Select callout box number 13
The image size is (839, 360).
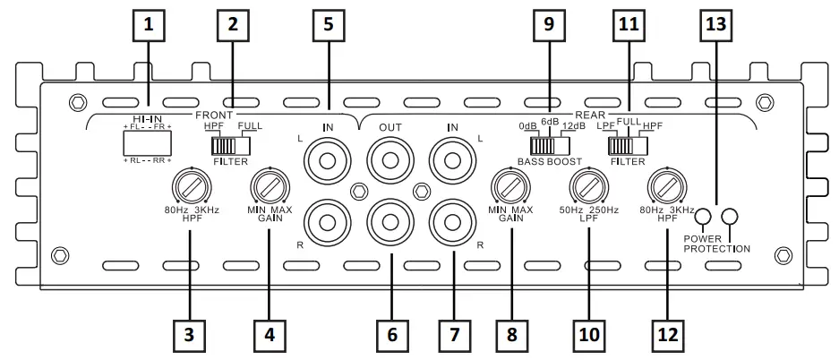[x=716, y=27]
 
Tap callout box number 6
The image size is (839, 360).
[x=391, y=334]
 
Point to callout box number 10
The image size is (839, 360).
[x=588, y=334]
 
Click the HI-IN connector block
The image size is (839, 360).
[x=148, y=143]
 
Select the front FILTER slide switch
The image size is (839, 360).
[x=229, y=145]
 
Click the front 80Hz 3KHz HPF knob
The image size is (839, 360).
[x=190, y=186]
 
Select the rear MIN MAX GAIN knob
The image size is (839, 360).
[x=510, y=186]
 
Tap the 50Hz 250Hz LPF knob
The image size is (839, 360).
[x=587, y=186]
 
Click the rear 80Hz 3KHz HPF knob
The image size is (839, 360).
[x=664, y=186]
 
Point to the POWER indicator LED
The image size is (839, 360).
[x=705, y=216]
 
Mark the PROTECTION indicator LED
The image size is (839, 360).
[x=731, y=216]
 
